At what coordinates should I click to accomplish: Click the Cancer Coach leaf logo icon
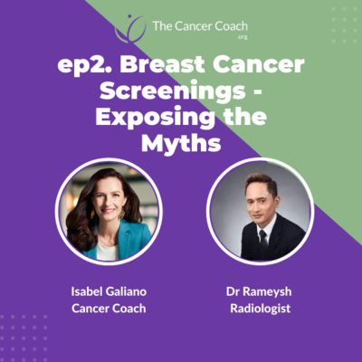coord(130,29)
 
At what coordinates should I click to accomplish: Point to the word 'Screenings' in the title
coord(173,91)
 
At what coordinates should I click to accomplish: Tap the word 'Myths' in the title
coord(181,144)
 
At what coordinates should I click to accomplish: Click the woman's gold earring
coord(123,214)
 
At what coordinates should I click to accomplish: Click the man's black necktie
coord(263,239)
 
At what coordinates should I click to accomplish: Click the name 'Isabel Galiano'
coord(109,291)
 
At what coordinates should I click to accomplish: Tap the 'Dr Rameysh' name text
coord(259,291)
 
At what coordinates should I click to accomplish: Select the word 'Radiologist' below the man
coord(261,309)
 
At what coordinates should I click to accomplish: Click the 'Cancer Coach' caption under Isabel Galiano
coord(109,309)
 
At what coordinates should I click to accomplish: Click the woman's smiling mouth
coord(110,211)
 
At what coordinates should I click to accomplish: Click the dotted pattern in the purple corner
coord(24,333)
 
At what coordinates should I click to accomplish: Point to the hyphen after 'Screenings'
coord(255,92)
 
